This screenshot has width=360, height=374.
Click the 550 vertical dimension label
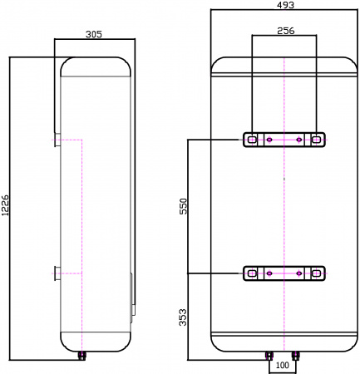184,207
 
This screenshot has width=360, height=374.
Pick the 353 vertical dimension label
184,317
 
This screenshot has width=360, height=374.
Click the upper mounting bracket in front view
284,140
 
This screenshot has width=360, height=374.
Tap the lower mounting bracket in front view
284,273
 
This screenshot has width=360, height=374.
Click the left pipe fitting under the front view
269,355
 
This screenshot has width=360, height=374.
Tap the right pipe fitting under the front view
298,355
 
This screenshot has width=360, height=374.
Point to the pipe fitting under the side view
82,355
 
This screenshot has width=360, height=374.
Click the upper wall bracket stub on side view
56,139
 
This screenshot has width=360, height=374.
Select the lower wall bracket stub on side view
56,273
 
